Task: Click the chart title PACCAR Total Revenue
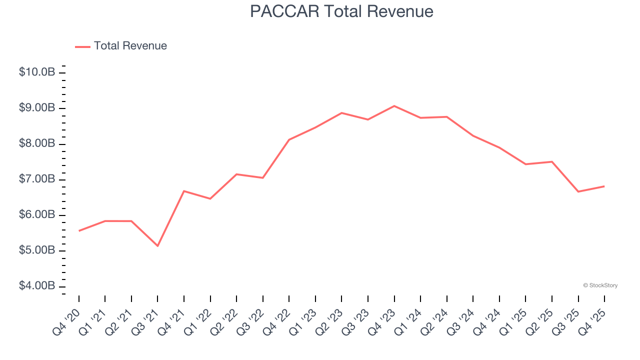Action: [x=341, y=11]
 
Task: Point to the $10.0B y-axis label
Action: [x=37, y=72]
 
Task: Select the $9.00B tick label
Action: [x=37, y=108]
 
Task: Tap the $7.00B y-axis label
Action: [x=37, y=179]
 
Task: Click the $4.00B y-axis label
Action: [x=37, y=286]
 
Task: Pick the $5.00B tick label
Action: [x=37, y=250]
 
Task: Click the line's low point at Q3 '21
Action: [x=157, y=246]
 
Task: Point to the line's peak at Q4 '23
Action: [x=394, y=106]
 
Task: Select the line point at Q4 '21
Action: [x=184, y=191]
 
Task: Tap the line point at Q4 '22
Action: [x=289, y=139]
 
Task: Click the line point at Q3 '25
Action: [x=578, y=191]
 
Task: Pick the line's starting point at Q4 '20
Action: [x=79, y=231]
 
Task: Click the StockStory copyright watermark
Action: [x=600, y=285]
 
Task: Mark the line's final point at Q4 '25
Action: [x=604, y=186]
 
